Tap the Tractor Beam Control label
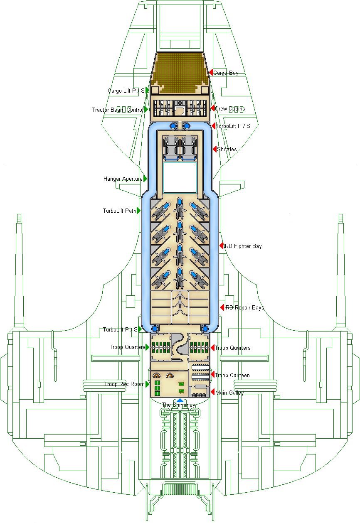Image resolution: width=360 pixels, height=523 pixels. (118, 110)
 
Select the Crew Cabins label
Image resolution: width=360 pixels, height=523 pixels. (230, 109)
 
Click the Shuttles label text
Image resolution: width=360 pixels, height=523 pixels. (227, 150)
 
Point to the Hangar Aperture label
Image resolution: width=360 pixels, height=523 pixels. (123, 179)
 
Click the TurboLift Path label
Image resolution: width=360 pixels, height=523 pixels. (119, 211)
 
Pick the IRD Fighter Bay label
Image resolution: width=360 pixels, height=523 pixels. (243, 246)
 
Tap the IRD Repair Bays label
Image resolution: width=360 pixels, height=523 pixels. (244, 308)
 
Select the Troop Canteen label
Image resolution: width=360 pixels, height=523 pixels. (232, 376)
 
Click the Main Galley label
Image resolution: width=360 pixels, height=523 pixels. (229, 393)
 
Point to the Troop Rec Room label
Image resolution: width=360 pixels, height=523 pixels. (124, 385)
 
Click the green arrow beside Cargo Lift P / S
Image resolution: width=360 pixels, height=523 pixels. (147, 90)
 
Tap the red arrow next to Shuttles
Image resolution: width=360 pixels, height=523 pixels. (215, 149)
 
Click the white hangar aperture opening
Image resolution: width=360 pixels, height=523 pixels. (180, 177)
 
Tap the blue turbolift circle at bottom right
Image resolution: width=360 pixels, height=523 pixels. (205, 329)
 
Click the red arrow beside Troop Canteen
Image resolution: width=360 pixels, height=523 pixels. (212, 375)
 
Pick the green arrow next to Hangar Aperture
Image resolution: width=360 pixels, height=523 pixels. (145, 179)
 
